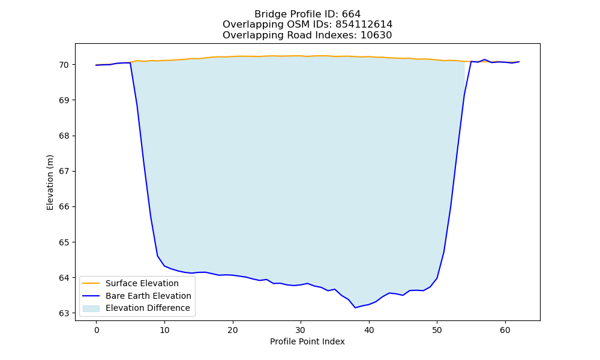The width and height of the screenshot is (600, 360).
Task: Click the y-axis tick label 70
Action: (x=64, y=65)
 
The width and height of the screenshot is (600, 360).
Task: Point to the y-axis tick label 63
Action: (x=64, y=313)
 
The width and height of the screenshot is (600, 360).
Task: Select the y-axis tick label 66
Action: (x=64, y=207)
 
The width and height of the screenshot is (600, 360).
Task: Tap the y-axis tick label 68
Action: (x=64, y=136)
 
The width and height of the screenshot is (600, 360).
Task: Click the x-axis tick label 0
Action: (x=97, y=330)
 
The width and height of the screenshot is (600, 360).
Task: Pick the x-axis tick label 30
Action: (x=301, y=330)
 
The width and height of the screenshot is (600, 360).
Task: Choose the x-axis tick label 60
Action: (x=505, y=330)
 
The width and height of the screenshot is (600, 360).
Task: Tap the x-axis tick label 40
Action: (x=369, y=330)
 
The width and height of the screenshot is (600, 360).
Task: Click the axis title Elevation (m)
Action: (x=50, y=182)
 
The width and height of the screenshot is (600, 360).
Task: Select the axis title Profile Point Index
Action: (x=307, y=341)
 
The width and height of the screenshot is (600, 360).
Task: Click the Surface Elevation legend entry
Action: (x=142, y=283)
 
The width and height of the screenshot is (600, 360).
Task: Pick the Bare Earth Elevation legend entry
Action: (x=148, y=296)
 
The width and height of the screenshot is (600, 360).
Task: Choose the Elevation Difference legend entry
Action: (x=148, y=308)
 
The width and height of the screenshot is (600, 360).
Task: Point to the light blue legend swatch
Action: (x=91, y=308)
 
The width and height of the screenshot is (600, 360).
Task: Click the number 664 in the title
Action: (x=351, y=14)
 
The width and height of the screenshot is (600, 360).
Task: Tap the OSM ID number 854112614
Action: (x=364, y=25)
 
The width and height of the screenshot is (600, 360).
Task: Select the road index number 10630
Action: (x=376, y=35)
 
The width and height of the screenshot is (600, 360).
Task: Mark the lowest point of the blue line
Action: (x=355, y=308)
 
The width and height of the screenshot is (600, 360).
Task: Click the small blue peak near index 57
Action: (x=484, y=59)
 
